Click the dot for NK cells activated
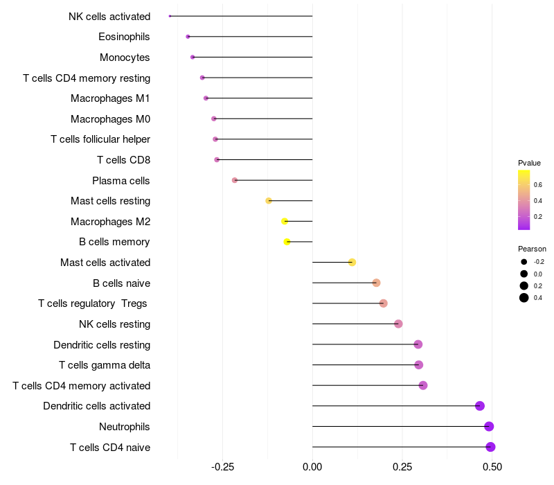click(x=170, y=16)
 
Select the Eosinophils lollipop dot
click(x=188, y=37)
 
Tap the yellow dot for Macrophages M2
click(x=285, y=221)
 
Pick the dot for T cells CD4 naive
click(x=490, y=447)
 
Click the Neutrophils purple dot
click(x=489, y=426)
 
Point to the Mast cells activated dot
click(x=352, y=263)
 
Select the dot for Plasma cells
click(x=235, y=180)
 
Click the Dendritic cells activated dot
click(x=480, y=406)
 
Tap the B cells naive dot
click(x=376, y=283)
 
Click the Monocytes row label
click(x=125, y=58)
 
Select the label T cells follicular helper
click(x=100, y=139)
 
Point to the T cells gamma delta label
click(x=105, y=365)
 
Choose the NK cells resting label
click(x=115, y=324)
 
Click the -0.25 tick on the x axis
click(x=222, y=467)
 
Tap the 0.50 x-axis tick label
click(x=492, y=467)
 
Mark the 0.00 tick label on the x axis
click(x=312, y=467)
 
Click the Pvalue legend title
click(x=529, y=163)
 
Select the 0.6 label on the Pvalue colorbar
click(x=538, y=185)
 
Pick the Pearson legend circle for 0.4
click(x=524, y=298)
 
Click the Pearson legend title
click(x=532, y=249)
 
